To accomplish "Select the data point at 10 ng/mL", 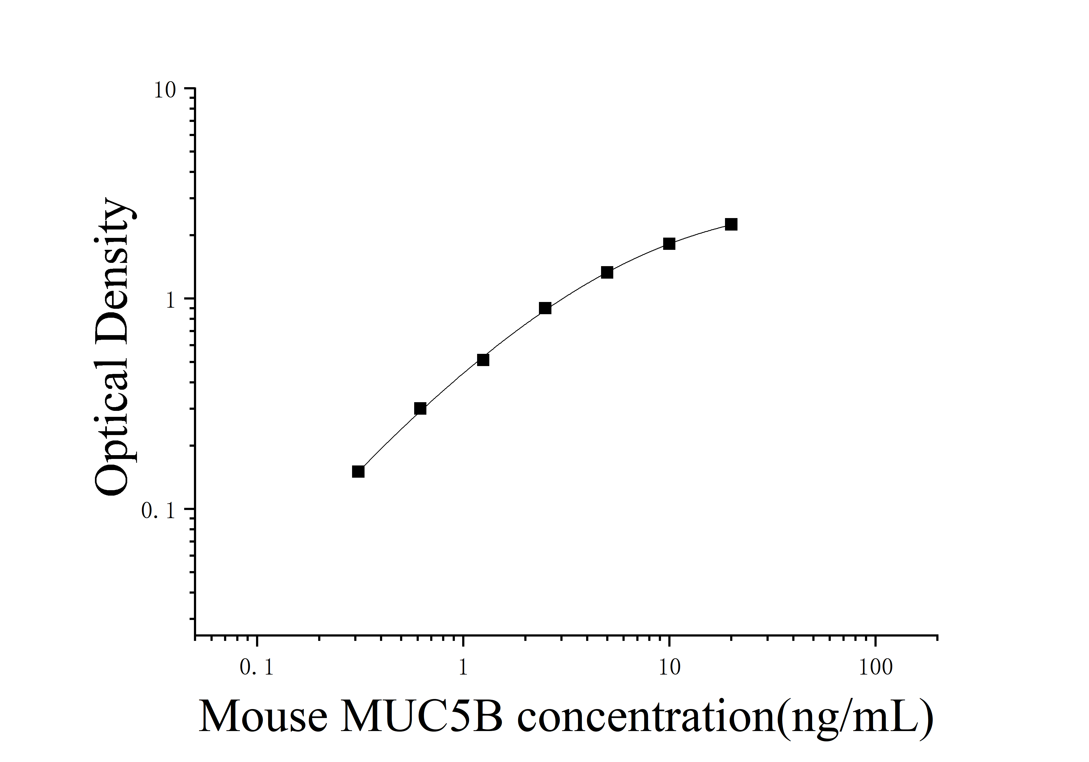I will (669, 244).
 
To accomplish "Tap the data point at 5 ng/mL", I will (607, 273).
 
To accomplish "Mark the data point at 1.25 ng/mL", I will (483, 360).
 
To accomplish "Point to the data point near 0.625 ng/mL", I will (420, 409).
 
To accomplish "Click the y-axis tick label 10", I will (165, 90).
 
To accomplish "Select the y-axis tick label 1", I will (171, 301).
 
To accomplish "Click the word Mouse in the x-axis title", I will (263, 717).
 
